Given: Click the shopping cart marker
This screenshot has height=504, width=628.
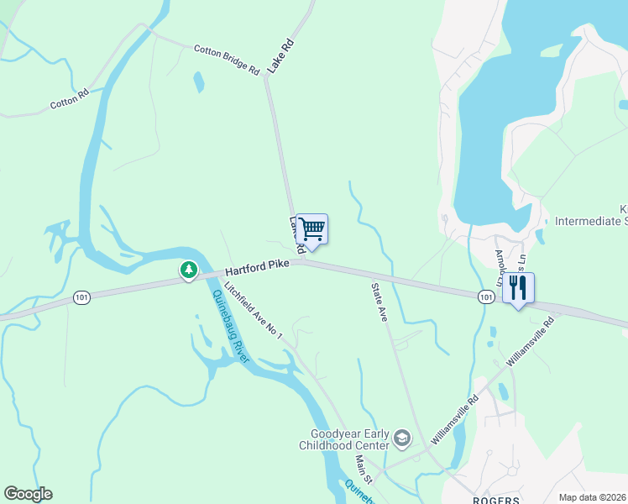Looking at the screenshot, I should (x=311, y=229).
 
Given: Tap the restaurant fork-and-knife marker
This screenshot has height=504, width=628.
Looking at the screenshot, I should (x=518, y=288).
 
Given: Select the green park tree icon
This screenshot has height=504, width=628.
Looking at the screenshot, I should (x=190, y=270).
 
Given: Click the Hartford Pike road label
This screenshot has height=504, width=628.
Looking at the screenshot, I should (x=257, y=266).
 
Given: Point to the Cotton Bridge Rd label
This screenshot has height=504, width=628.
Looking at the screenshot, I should (x=227, y=60).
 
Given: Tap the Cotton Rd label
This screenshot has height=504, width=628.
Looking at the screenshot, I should (x=69, y=101).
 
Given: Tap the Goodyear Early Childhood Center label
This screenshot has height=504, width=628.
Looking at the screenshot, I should (x=345, y=439).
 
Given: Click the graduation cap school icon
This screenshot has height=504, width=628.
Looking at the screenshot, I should (x=402, y=438).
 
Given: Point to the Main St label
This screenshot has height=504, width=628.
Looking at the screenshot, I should (x=362, y=466).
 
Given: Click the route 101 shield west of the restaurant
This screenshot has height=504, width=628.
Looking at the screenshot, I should (x=486, y=297).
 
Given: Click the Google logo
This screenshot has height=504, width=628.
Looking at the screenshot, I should (x=28, y=494).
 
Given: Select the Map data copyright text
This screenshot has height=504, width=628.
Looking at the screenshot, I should (x=592, y=497).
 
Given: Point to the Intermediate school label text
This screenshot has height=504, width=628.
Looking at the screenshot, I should (x=591, y=222).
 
